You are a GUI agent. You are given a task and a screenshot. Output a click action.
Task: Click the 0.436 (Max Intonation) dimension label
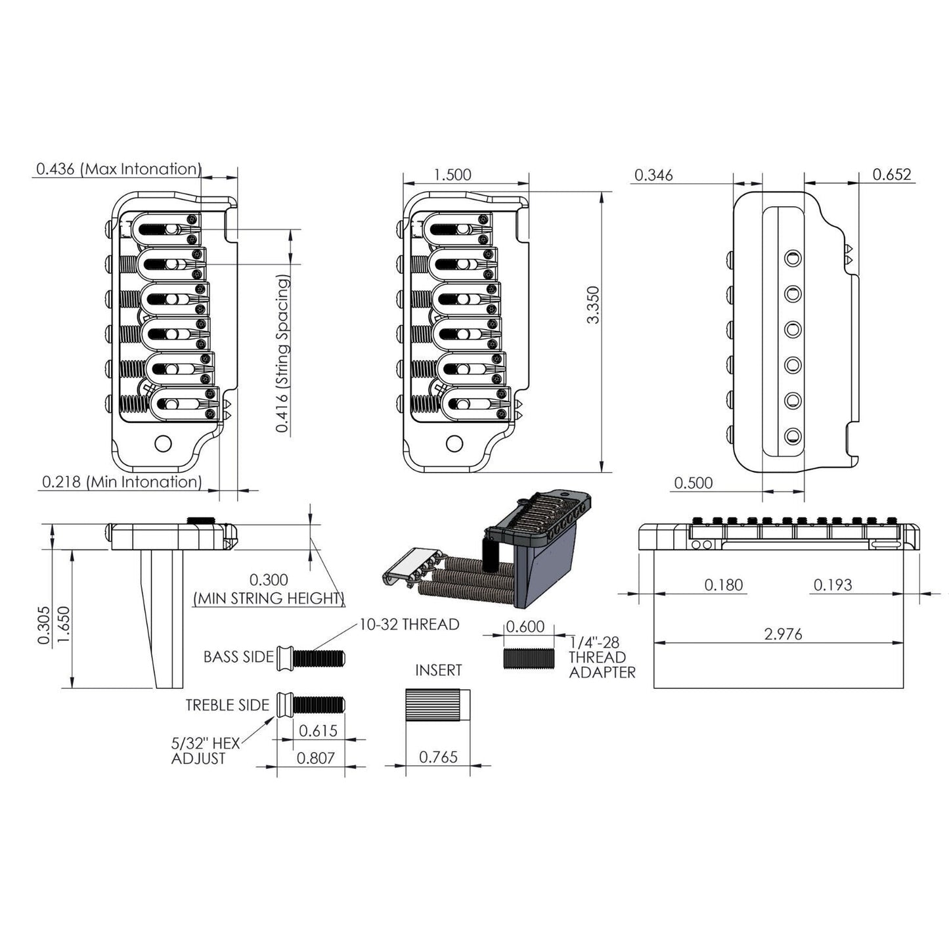pos(118,169)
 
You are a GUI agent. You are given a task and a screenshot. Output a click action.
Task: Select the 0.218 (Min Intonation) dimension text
pos(121,481)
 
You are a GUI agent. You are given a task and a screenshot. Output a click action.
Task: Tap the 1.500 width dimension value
pos(452,175)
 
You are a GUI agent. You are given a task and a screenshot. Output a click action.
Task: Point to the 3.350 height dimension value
pos(592,304)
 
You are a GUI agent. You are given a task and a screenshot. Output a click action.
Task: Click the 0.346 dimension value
pos(653,175)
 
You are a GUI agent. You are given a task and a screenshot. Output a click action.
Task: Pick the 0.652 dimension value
pos(892,174)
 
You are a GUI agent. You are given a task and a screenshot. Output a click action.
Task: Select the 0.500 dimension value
pos(693,483)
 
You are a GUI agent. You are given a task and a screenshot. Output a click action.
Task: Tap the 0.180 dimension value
pos(723,585)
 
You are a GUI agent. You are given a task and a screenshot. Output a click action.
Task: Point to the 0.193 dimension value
pos(832,585)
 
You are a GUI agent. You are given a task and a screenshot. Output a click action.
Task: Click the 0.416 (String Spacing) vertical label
pos(282,355)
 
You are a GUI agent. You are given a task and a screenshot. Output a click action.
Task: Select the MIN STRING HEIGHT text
pos(268,598)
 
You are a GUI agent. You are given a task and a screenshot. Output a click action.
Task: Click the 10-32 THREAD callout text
pos(408,624)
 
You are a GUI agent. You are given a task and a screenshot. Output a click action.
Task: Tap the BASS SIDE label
pos(238,657)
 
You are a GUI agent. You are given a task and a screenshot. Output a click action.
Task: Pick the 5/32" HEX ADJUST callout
pos(205,751)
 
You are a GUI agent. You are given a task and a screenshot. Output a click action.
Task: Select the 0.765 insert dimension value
pos(438,757)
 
